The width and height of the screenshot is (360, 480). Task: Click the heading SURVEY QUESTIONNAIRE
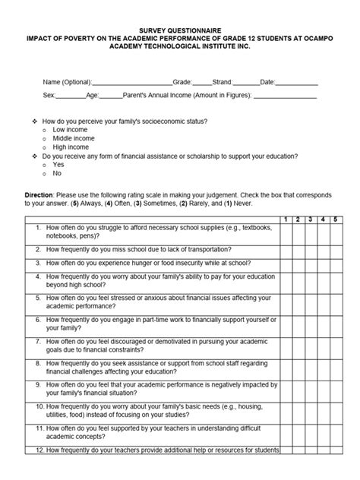pyautogui.click(x=179, y=25)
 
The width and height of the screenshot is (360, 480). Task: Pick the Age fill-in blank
pyautogui.click(x=111, y=98)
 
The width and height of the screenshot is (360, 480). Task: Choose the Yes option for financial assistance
pyautogui.click(x=58, y=165)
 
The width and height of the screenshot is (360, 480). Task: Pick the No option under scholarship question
pyautogui.click(x=57, y=173)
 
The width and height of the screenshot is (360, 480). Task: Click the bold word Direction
pyautogui.click(x=39, y=196)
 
